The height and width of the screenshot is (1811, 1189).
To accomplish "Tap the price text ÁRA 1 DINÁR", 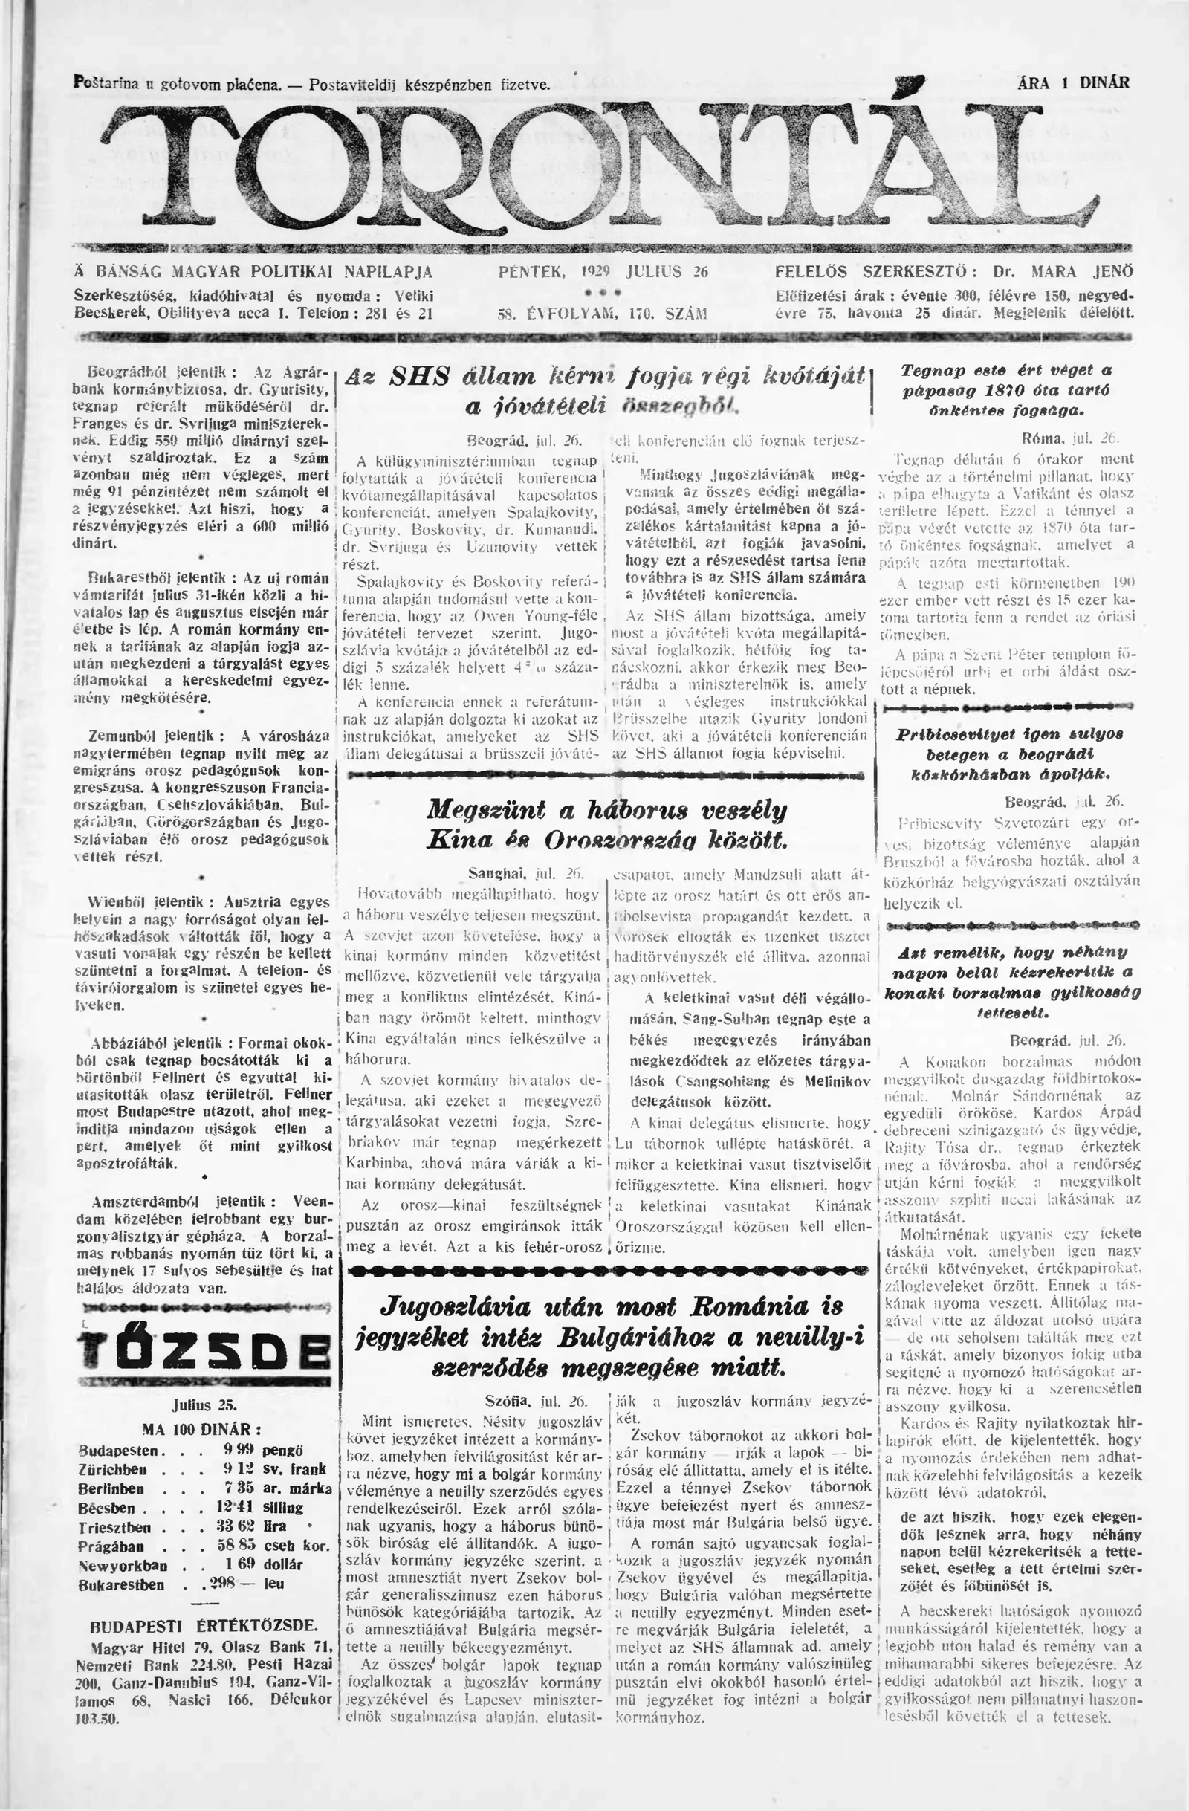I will (x=1072, y=83).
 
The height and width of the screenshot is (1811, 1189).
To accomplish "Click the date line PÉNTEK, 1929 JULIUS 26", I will (x=603, y=272).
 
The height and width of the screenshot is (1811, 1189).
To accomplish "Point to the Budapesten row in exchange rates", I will (x=204, y=1451).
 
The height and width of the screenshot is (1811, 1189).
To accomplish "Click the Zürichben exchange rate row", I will (x=204, y=1469).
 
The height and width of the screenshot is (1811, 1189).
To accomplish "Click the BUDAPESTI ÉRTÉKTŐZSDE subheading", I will (x=204, y=1625).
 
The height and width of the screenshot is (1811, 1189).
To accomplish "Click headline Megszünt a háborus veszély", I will (x=606, y=823).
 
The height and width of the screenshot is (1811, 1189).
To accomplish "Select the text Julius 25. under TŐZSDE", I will (x=204, y=1405).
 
